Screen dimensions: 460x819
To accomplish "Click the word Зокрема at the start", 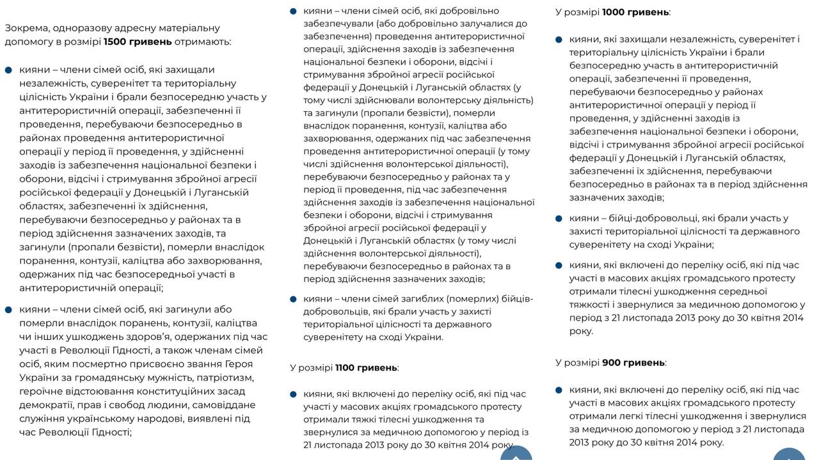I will point(26,28).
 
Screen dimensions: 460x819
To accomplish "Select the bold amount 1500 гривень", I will point(138,42).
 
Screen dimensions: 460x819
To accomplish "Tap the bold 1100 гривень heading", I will point(366,367).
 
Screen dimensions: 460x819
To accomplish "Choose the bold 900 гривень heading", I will point(633,362).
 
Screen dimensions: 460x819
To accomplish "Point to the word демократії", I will point(47,404).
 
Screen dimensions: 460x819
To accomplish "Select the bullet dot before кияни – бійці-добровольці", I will point(558,218).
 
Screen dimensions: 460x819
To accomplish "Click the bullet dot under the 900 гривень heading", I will point(558,389).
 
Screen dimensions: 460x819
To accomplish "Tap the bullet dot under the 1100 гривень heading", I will point(292,394).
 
